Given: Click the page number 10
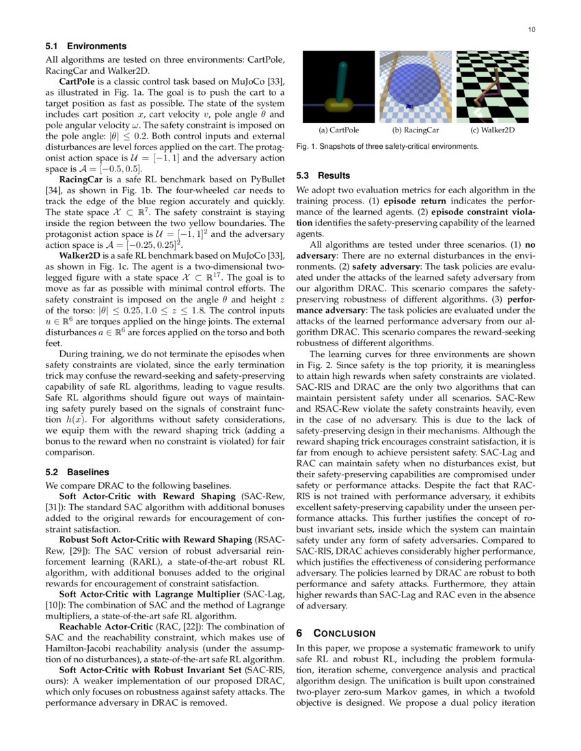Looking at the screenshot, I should pos(531,29).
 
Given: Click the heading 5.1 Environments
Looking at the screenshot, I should pos(86,46).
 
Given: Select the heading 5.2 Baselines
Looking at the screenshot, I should pos(77,472).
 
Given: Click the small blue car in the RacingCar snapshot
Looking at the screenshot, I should pos(409,106).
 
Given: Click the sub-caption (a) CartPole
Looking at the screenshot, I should pos(339,130).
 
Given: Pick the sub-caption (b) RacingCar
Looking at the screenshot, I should pos(415,130).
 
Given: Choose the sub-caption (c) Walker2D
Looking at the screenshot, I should pos(492,130).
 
